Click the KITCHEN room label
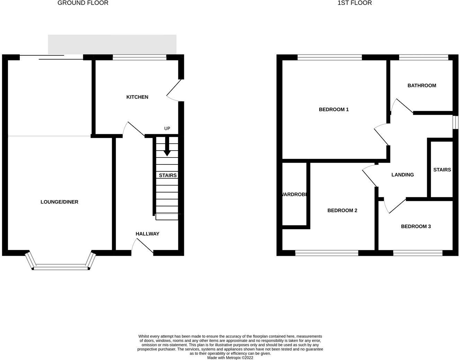pos(137,97)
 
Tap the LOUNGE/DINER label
pos(59,202)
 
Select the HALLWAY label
pos(147,234)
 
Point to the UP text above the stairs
pos(167,128)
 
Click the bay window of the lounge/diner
pos(61,266)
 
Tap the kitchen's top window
pos(139,57)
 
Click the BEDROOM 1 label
pos(334,109)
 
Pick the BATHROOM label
pos(422,85)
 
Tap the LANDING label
pos(402,175)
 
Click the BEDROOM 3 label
pos(416,226)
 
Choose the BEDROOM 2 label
pos(342,210)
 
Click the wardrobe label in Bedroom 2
pos(295,195)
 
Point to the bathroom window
pos(424,57)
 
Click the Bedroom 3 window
pos(418,253)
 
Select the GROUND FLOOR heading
pos(83,3)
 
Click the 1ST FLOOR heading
pos(354,3)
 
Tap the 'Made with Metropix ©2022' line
pos(230,358)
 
